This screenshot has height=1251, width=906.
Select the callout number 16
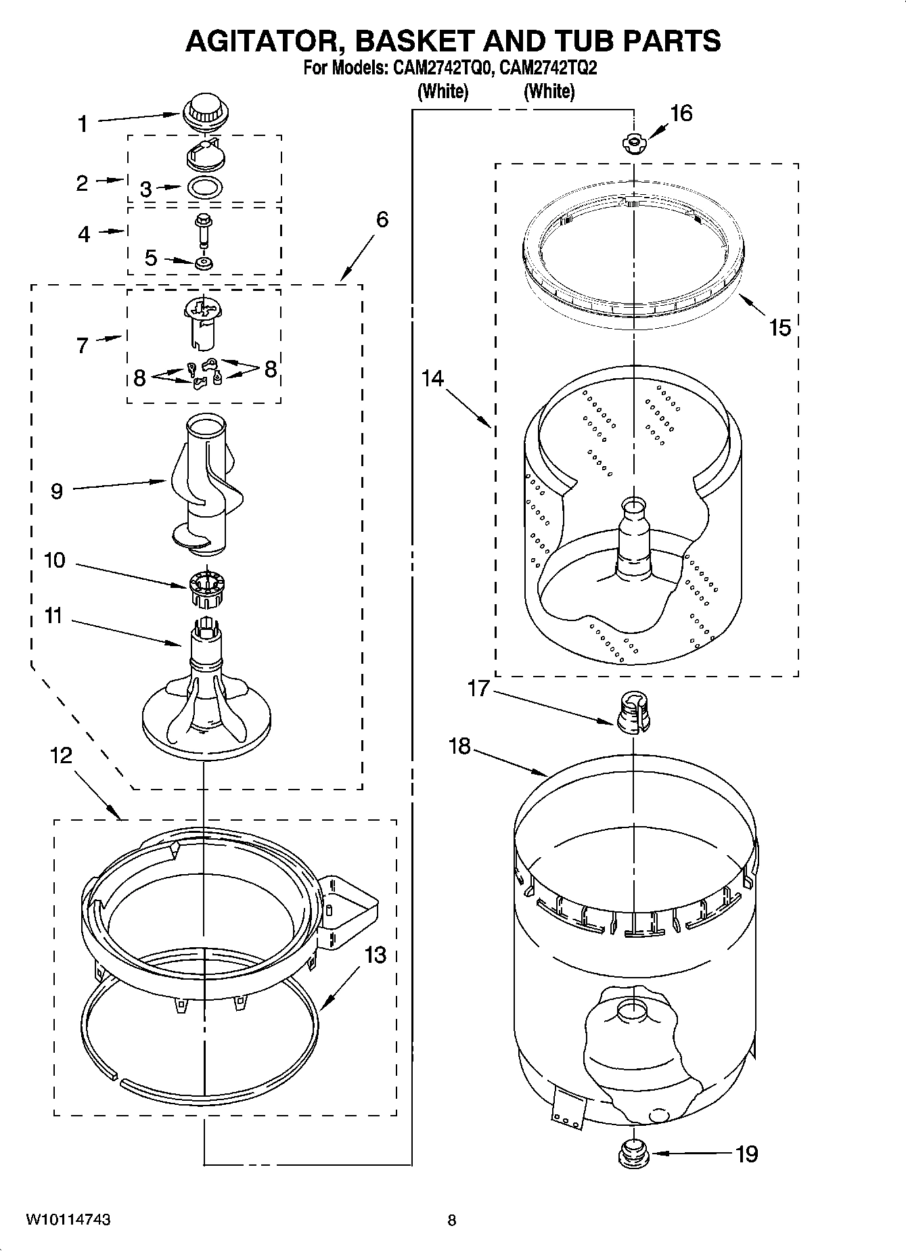click(681, 113)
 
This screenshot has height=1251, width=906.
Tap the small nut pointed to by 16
click(633, 143)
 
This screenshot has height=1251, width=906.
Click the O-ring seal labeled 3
click(204, 187)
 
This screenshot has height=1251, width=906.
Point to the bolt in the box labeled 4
click(203, 229)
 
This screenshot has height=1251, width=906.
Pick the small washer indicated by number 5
click(203, 263)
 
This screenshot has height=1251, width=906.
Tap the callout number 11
click(53, 616)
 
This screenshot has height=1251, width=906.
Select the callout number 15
click(779, 328)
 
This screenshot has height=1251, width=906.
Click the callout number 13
click(376, 955)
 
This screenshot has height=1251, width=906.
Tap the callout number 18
click(459, 747)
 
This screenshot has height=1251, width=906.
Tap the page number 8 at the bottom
click(452, 1220)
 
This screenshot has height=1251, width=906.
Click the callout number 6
click(382, 219)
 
